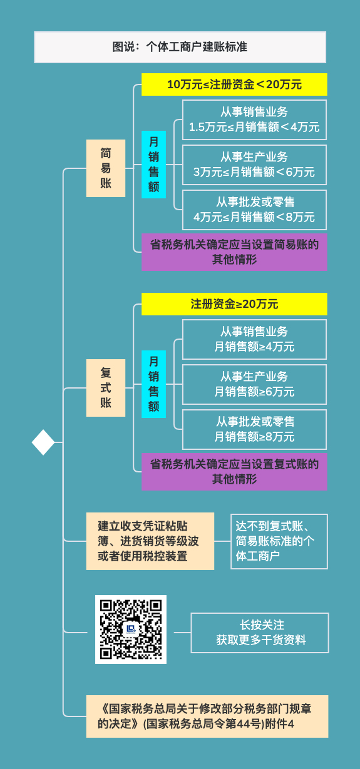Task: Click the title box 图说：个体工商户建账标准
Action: tap(180, 47)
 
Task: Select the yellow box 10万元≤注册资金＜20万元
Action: tap(234, 84)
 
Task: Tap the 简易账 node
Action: tap(106, 168)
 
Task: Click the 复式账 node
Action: tap(106, 388)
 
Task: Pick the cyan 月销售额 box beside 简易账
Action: tap(153, 165)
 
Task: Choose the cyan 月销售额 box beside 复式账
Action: tap(153, 384)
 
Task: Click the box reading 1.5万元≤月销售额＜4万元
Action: tap(254, 120)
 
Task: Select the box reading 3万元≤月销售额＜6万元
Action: tap(254, 165)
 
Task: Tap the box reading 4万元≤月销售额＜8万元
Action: tap(254, 210)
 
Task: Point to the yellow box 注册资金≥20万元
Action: tap(234, 304)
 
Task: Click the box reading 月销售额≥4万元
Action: tap(254, 340)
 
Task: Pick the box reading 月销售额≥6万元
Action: tap(254, 384)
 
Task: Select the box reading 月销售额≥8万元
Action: tap(254, 429)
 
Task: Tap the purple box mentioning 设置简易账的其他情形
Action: tap(234, 252)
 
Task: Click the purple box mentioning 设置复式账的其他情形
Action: tap(234, 472)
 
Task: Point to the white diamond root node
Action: tap(43, 442)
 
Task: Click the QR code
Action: tap(131, 629)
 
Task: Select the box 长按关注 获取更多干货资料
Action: tap(260, 633)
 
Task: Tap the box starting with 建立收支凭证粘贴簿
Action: tap(150, 541)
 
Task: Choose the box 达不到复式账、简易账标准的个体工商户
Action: tap(279, 541)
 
